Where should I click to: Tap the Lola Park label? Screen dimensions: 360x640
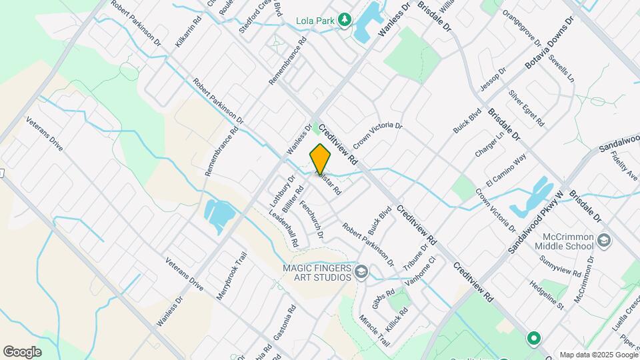[x=315, y=21]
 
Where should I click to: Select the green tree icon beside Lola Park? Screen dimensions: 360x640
[x=345, y=20]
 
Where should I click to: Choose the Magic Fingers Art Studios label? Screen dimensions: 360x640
[x=315, y=272]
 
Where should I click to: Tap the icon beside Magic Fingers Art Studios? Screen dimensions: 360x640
[x=361, y=271]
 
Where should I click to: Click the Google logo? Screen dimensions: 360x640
[x=22, y=351]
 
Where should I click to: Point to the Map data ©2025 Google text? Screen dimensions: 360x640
[x=598, y=355]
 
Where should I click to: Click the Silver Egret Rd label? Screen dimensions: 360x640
[x=527, y=108]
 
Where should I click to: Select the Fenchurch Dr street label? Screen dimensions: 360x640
[x=311, y=220]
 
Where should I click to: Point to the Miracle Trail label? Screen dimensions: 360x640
[x=374, y=331]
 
